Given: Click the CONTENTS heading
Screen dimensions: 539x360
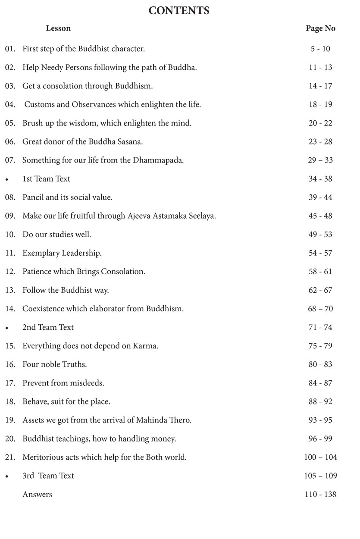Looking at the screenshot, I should [179, 10].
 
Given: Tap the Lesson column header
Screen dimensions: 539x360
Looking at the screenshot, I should [58, 28].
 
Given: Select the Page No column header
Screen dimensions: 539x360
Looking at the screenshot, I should [320, 28].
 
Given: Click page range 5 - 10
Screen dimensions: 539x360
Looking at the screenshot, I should [320, 49].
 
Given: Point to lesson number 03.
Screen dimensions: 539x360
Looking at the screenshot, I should [10, 86].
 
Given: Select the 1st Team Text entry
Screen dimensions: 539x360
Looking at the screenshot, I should [46, 179].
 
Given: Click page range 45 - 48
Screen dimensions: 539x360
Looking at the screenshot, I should [320, 216].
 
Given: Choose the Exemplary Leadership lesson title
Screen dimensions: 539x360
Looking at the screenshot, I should [62, 253].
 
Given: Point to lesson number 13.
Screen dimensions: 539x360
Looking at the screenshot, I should [10, 290].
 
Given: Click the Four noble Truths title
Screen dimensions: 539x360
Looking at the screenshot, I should [54, 364].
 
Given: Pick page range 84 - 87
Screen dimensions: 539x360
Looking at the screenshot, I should [320, 382].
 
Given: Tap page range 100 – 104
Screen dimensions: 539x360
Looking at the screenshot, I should [320, 457].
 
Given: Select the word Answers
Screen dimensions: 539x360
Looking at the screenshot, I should [37, 494].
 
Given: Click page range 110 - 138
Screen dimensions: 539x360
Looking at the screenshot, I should [320, 494].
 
